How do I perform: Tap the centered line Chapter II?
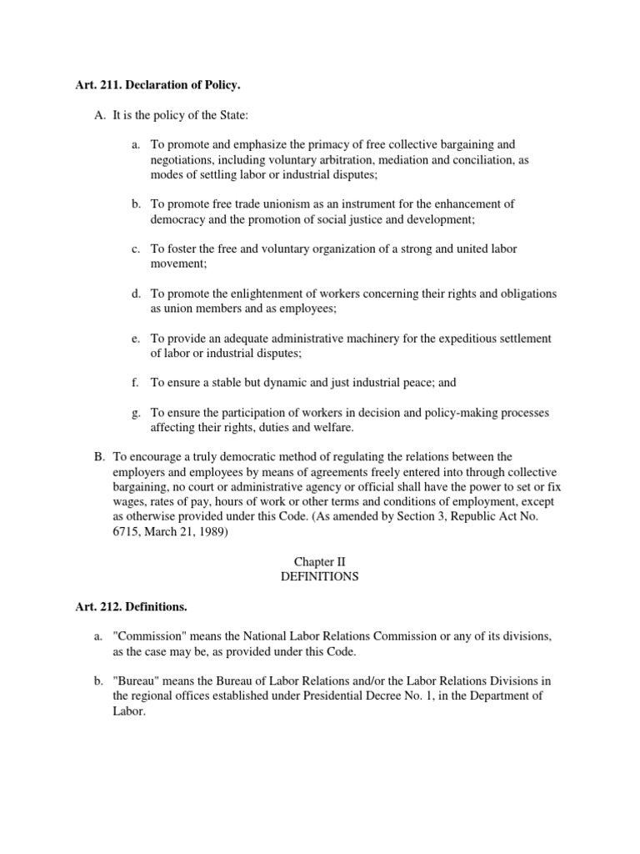[x=320, y=562]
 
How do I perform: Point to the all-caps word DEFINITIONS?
[x=320, y=576]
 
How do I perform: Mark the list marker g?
[x=135, y=413]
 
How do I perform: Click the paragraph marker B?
[x=98, y=456]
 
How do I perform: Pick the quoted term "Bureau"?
[x=135, y=681]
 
